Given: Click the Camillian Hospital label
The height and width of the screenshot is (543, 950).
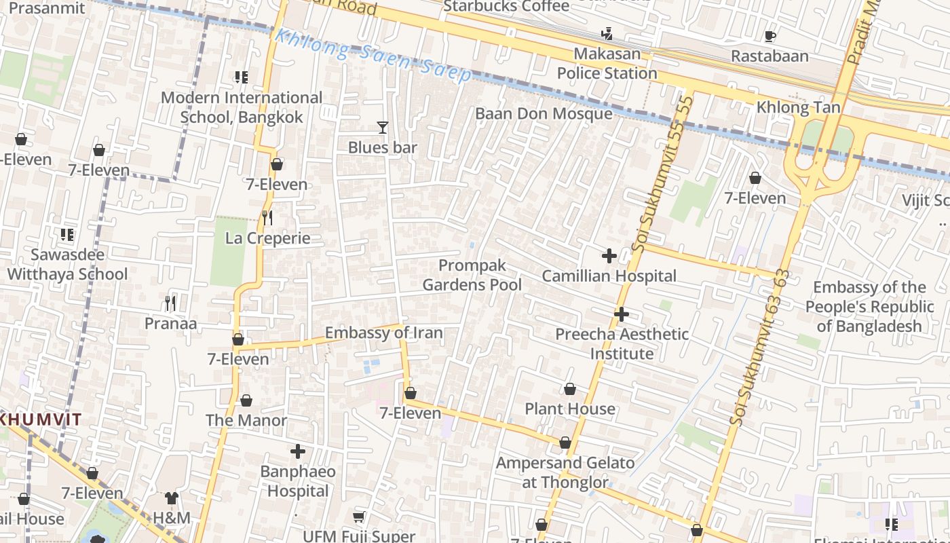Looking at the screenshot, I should coord(609,276).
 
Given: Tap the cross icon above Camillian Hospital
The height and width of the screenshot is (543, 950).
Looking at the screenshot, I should coord(609,256).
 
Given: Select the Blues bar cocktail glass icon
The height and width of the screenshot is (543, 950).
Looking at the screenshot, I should coord(383,127).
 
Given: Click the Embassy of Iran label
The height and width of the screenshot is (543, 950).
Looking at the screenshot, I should coord(383,333).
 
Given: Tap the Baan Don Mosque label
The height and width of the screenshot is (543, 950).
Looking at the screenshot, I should coord(544,113).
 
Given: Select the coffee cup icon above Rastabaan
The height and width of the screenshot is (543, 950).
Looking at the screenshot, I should coord(769,36).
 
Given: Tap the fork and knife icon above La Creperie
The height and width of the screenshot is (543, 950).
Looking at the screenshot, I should coord(267,217).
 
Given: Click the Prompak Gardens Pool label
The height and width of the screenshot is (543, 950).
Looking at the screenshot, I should coord(472,275).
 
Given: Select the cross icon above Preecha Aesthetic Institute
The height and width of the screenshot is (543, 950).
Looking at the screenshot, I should coord(621,314).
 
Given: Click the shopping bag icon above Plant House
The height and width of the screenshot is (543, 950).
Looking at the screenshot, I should coord(570,389).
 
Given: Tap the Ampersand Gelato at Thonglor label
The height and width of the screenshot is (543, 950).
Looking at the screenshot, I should coord(565,472).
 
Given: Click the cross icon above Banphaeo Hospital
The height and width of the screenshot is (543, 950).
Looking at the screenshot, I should coord(297,451).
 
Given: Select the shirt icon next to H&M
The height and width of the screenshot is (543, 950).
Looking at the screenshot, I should coord(172,498).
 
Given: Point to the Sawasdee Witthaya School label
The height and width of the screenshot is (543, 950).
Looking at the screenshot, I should coord(67,265).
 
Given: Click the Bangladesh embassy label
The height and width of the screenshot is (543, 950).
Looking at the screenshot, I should coord(869,306).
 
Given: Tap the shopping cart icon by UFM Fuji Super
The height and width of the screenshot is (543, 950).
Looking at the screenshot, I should coord(359,517).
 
